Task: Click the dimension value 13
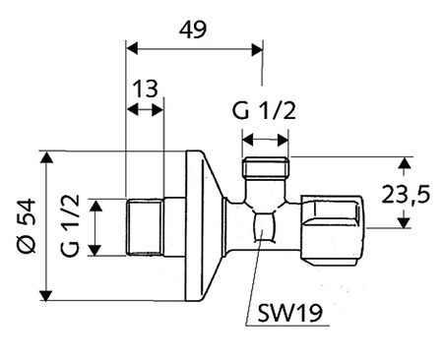(145, 90)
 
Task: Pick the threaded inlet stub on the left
(145, 226)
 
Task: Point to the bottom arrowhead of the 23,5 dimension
(404, 222)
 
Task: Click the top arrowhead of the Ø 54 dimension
(45, 156)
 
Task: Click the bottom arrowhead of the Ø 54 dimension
(45, 296)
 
